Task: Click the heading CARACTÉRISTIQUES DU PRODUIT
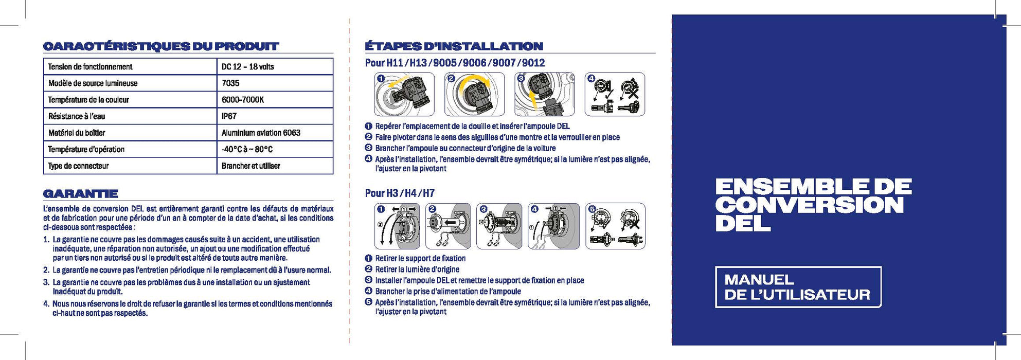click(x=160, y=46)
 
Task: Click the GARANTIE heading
click(x=81, y=194)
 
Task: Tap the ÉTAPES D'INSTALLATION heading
click(x=454, y=46)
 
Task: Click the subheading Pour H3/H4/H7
click(x=400, y=193)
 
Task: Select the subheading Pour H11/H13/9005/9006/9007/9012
click(x=455, y=63)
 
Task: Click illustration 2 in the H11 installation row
click(x=474, y=94)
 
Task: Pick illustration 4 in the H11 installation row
click(x=615, y=94)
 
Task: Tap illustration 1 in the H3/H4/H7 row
click(x=397, y=226)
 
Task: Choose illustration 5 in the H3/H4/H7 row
click(x=615, y=226)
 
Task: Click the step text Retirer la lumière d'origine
click(x=417, y=269)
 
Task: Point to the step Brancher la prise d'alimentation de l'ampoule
click(x=448, y=292)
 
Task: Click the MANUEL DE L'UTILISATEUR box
click(x=798, y=287)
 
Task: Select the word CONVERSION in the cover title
click(x=809, y=205)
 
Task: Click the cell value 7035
click(x=230, y=83)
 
